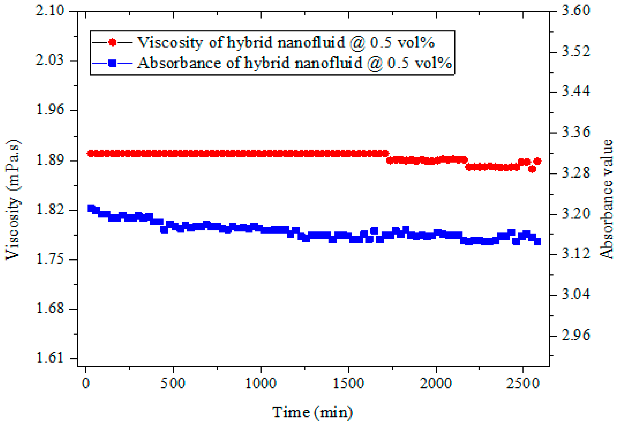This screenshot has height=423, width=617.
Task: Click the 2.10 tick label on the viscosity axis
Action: (x=50, y=11)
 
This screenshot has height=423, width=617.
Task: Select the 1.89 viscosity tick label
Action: (x=50, y=160)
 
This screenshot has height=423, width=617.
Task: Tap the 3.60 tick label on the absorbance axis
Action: (x=576, y=11)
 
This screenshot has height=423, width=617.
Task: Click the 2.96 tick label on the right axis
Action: (x=576, y=335)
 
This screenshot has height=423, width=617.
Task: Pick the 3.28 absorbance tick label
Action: (x=576, y=173)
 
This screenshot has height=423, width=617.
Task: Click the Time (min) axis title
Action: (x=312, y=412)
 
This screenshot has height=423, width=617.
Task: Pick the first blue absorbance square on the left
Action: (x=91, y=208)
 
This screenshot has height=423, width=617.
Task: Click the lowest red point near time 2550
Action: (x=532, y=169)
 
